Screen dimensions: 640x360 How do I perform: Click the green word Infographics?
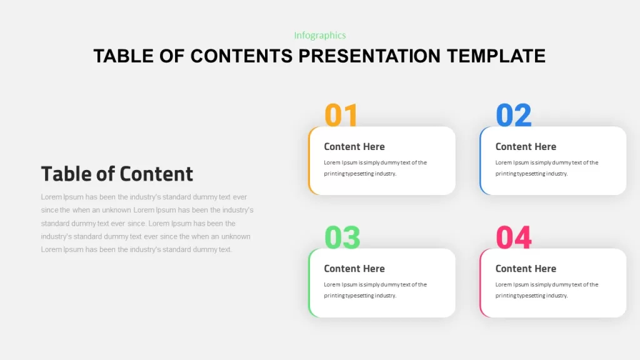coord(320,36)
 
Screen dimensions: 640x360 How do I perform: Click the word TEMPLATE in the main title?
coord(496,56)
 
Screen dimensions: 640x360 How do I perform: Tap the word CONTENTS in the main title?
coord(242,56)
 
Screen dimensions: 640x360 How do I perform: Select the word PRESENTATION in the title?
coord(369,56)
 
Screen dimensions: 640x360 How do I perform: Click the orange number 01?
coord(341,115)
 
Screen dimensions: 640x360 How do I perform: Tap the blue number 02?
coord(514,115)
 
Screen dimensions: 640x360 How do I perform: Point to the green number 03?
coord(342,237)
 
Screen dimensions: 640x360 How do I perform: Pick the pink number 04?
coord(514,237)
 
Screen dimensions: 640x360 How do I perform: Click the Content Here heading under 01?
coord(354,146)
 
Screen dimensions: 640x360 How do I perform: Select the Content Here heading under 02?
coord(526,146)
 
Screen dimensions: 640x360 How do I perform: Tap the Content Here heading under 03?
coord(354,269)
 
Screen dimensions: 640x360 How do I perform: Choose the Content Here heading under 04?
coord(526,269)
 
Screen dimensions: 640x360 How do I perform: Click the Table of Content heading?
coord(117,174)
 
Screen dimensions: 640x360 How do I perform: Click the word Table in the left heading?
coord(66,174)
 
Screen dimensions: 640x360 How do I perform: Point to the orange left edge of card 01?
coord(309,161)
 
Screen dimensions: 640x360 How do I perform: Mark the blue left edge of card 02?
coord(481,161)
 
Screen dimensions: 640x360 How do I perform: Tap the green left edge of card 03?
coord(309,283)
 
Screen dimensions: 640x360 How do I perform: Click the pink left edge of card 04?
coord(481,283)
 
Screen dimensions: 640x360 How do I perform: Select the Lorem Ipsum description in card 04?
coord(547,290)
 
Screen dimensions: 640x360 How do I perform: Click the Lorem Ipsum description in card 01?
coord(376,167)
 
